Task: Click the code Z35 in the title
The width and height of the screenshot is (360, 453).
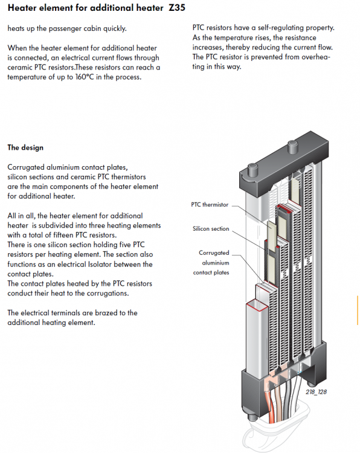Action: [x=177, y=7]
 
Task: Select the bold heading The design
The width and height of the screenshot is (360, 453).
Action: [x=25, y=147]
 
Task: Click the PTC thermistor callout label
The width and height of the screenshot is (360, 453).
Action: [x=210, y=205]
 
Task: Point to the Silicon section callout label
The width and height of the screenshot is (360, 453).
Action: [x=211, y=228]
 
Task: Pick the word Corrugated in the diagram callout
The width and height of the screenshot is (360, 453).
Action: [x=214, y=253]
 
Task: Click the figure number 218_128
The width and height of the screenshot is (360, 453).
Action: [x=316, y=392]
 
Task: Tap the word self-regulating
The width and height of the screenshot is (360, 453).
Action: [x=280, y=28]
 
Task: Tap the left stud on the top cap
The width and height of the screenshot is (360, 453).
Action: [x=253, y=169]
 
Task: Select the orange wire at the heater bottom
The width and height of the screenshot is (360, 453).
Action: [x=272, y=405]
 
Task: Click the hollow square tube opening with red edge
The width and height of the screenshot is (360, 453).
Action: [x=257, y=305]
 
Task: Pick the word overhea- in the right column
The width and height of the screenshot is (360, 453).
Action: [x=315, y=57]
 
